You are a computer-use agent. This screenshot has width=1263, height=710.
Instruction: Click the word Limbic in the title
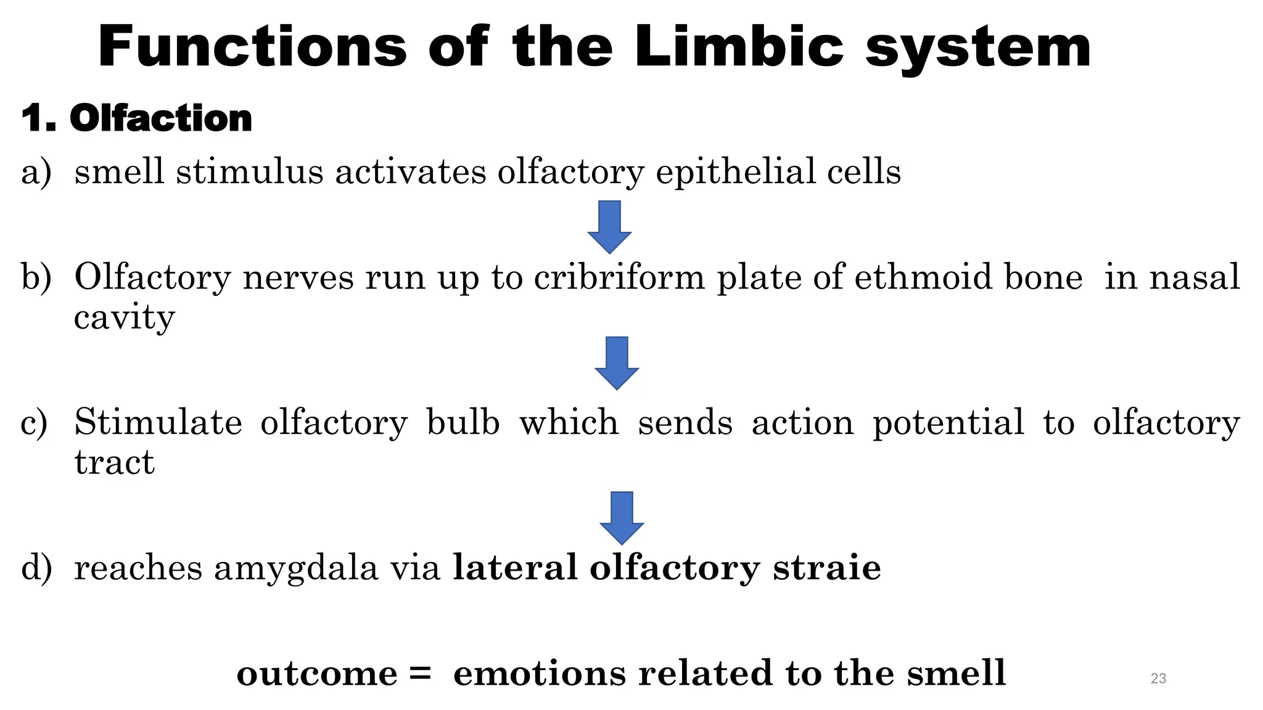tap(738, 47)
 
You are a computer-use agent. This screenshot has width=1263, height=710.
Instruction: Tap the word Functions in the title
tap(252, 47)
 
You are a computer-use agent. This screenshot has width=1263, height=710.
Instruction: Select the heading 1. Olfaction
tap(136, 118)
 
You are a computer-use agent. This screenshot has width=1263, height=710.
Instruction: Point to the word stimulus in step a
tap(249, 171)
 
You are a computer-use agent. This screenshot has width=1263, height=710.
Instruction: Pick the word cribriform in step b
tap(619, 277)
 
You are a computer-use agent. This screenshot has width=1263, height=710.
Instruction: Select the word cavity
tap(124, 318)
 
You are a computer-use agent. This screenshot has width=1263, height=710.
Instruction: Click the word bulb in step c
tap(463, 423)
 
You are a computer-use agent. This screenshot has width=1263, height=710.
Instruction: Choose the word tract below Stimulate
tap(114, 462)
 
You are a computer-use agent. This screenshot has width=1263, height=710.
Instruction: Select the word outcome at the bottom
tap(316, 673)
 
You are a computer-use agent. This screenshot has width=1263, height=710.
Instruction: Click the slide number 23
tap(1158, 679)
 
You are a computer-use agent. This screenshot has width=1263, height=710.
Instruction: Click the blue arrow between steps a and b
tap(609, 226)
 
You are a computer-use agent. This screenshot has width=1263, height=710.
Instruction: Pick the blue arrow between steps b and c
tap(617, 362)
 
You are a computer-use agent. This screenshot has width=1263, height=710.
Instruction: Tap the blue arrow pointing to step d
tap(622, 517)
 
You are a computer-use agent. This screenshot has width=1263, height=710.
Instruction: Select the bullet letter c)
tap(34, 423)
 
